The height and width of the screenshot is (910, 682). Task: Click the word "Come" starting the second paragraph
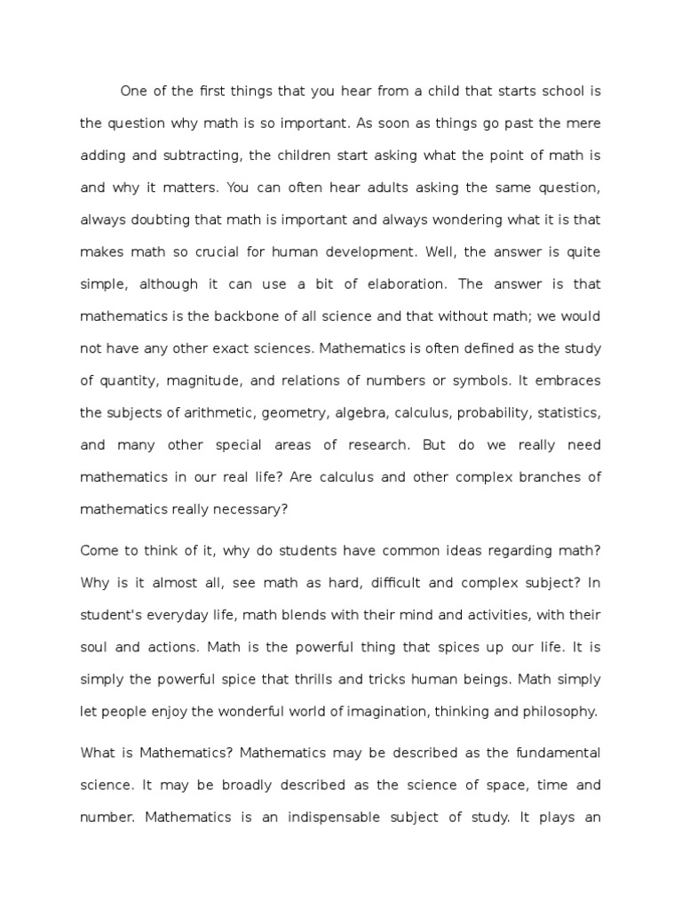[x=99, y=551]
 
